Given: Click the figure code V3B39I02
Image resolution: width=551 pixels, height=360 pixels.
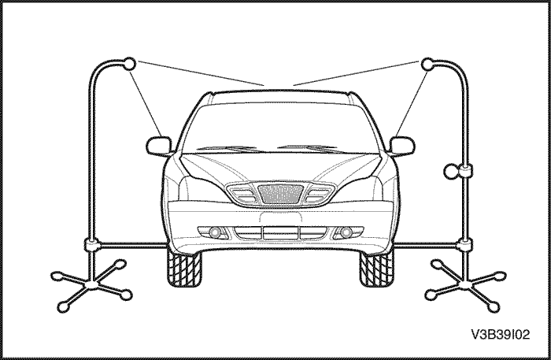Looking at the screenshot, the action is click(x=500, y=334).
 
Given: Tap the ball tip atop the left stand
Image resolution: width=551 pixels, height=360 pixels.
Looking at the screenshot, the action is click(x=129, y=63).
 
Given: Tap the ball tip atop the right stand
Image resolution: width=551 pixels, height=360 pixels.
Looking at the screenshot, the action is click(x=427, y=64).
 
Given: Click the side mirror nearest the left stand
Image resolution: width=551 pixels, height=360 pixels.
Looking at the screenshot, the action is click(x=159, y=147).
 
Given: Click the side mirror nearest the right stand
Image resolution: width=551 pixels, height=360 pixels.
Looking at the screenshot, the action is click(x=402, y=147).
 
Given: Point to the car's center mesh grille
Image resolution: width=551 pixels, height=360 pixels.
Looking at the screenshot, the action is click(x=280, y=194).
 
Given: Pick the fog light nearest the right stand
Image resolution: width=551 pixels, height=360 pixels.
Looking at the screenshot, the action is click(x=346, y=232).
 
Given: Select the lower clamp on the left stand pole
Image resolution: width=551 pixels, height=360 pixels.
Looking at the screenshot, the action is click(x=91, y=244).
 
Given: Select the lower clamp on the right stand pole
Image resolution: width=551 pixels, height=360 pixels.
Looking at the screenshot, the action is click(x=465, y=244).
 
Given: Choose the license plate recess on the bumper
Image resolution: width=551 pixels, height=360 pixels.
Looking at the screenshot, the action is click(x=281, y=217).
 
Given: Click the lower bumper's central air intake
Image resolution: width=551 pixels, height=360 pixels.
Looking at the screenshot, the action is click(x=281, y=232).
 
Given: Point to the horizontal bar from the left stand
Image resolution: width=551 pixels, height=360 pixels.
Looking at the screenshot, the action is click(x=132, y=244).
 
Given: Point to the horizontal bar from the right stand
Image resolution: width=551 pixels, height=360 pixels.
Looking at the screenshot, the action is click(x=427, y=244).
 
